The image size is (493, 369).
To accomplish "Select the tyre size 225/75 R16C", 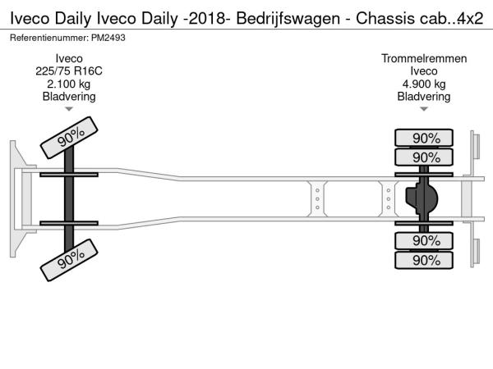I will pos(69,71).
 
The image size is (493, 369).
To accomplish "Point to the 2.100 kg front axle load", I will pos(69,84).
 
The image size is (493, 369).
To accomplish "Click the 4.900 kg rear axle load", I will pos(424,84).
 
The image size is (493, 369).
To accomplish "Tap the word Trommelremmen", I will pos(424,58).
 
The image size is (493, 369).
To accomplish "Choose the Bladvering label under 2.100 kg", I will pos(69,97).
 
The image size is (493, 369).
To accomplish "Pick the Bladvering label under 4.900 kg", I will pos(424,97).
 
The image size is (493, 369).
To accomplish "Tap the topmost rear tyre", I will pos(425,138).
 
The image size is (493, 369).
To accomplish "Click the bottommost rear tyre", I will pos(425,260).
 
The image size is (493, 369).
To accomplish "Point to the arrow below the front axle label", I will pos(69,109).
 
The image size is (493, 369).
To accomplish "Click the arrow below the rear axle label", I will pos(424,109).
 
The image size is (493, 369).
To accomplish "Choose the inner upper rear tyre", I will pos(425,157).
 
